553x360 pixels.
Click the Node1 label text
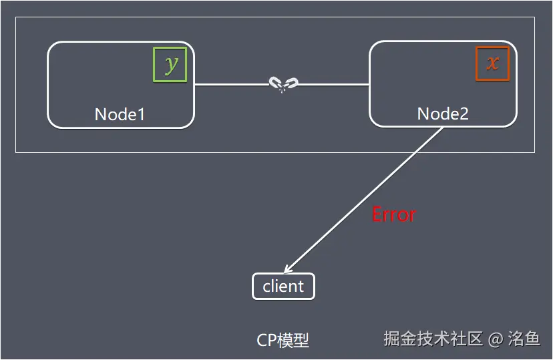coord(120,114)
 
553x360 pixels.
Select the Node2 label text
coord(443,114)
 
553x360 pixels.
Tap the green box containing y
coord(170,64)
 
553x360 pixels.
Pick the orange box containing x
coord(492,63)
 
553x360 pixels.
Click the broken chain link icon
coord(283,84)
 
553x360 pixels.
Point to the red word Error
coord(393,214)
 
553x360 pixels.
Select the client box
coord(283,287)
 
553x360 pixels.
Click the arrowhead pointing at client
coord(288,270)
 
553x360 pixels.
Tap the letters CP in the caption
coord(266,340)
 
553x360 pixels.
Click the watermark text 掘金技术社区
coord(433,339)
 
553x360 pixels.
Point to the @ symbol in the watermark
coord(495,339)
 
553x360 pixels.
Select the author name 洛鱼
coord(524,339)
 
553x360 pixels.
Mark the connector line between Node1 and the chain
coord(230,85)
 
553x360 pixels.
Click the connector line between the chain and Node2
coord(334,85)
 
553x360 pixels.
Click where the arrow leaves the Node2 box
coord(442,128)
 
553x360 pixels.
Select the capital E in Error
coord(377,214)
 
